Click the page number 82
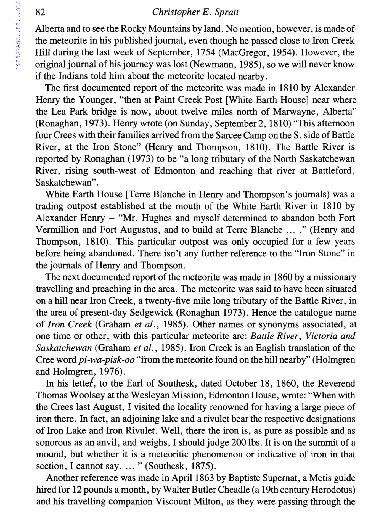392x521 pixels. point(40,12)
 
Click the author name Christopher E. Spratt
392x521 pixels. point(195,12)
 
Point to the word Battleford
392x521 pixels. point(333,171)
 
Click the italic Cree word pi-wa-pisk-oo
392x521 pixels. point(107,360)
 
